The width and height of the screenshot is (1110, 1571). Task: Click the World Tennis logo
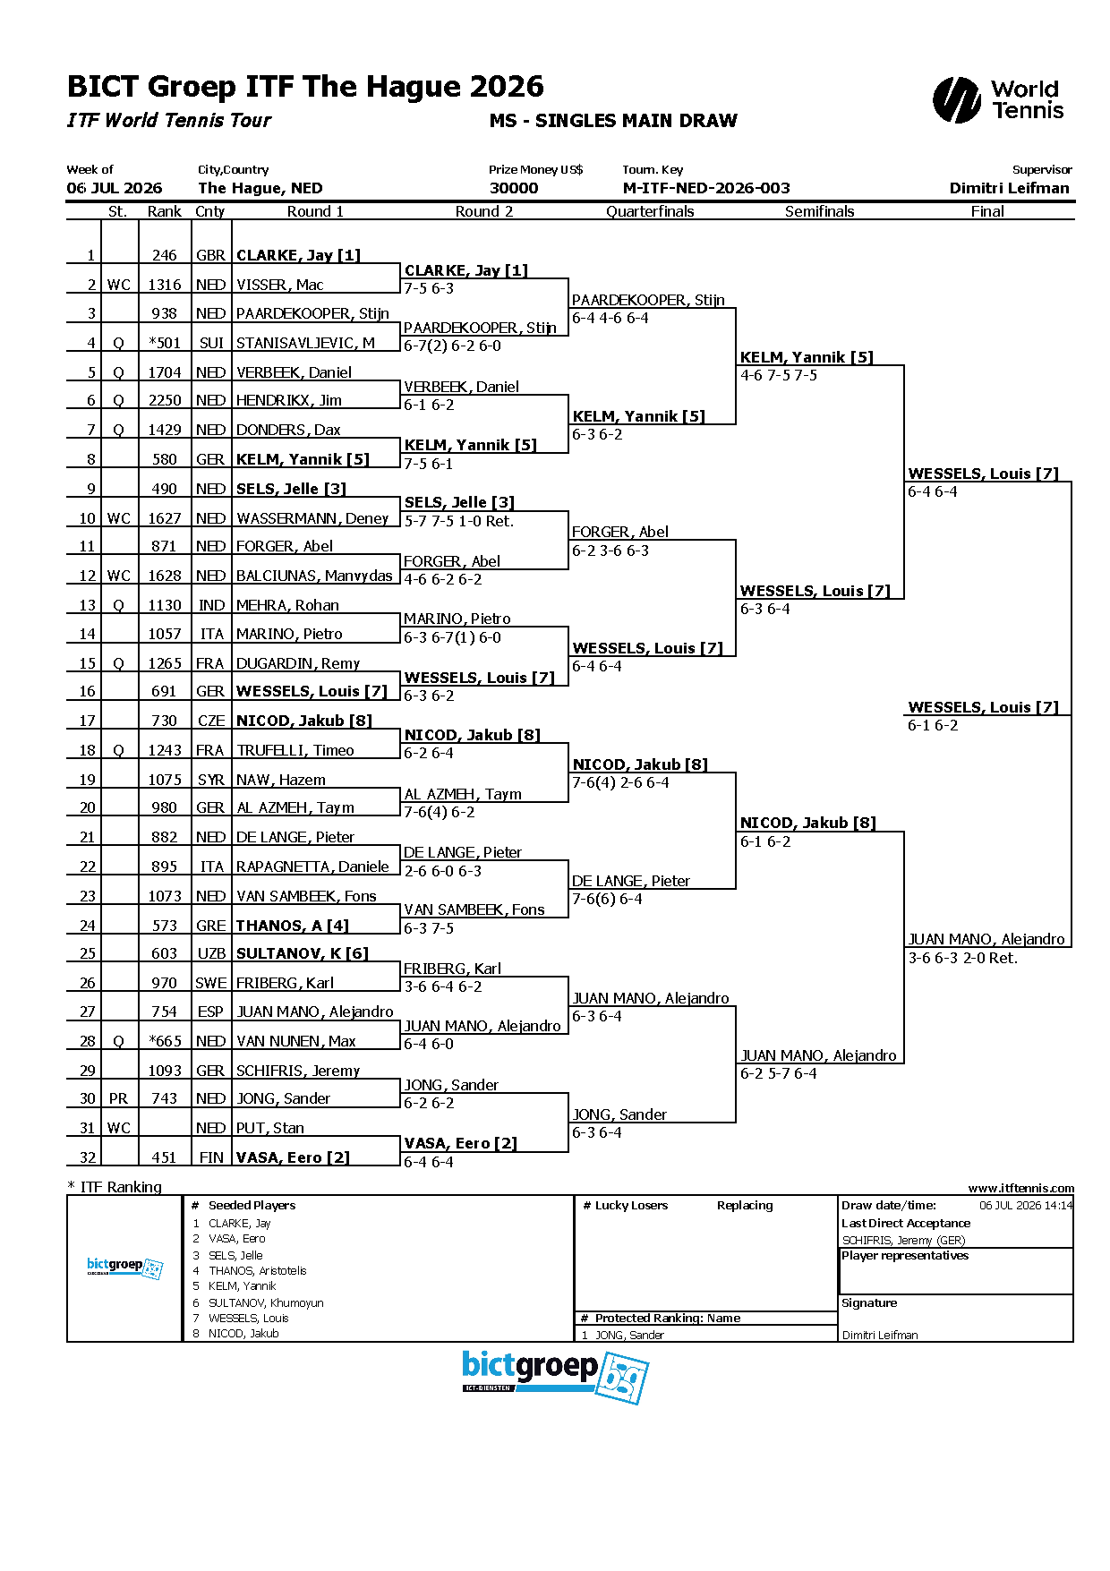point(998,99)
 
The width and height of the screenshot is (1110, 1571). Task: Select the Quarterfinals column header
point(650,212)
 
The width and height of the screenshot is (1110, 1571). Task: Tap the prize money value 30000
point(514,188)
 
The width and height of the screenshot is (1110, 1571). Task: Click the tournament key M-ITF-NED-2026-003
point(706,188)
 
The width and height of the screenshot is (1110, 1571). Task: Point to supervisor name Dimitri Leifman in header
point(1010,188)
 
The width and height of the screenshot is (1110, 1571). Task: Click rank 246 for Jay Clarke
point(165,255)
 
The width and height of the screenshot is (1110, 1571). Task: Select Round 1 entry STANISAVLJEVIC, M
point(305,343)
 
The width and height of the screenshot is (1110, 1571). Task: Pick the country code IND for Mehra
point(211,605)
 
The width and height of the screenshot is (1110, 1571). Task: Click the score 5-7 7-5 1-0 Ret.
point(459,521)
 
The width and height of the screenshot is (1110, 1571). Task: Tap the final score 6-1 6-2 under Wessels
point(933,725)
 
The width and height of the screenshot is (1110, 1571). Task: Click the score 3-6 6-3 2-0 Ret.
point(963,958)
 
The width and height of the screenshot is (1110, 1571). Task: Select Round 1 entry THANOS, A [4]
point(293,926)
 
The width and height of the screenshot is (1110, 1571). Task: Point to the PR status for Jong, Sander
point(118,1098)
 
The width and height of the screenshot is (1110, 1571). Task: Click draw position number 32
point(87,1157)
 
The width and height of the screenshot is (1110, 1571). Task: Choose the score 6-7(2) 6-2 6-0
point(453,346)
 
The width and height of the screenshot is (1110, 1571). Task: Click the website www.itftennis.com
point(1021,1188)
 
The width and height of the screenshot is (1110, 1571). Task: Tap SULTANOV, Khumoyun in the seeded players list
point(266,1302)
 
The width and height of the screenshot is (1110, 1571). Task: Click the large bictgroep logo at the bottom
point(555,1377)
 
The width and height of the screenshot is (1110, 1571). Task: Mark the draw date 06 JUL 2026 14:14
point(1026,1206)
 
